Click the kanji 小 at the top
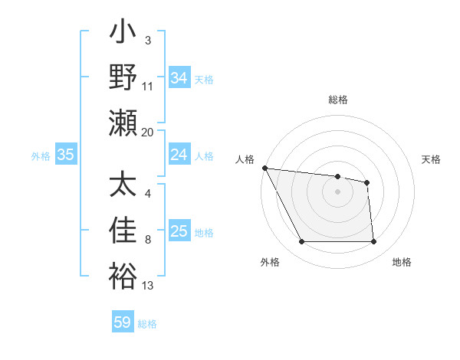point(123,35)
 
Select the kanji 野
point(123,77)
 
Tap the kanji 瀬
point(123,122)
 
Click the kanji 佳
point(123,231)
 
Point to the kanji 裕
point(123,276)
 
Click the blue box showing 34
point(179,77)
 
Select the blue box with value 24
point(179,155)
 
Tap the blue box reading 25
point(179,231)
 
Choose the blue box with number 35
point(65,155)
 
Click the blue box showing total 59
point(123,322)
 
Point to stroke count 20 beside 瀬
point(148,133)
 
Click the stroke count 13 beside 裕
point(148,286)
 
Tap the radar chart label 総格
point(337,100)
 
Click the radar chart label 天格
point(431,159)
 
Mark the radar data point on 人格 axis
point(264,168)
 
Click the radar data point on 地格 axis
point(373,242)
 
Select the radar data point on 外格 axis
point(301,242)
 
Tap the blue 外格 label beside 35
point(41,155)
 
